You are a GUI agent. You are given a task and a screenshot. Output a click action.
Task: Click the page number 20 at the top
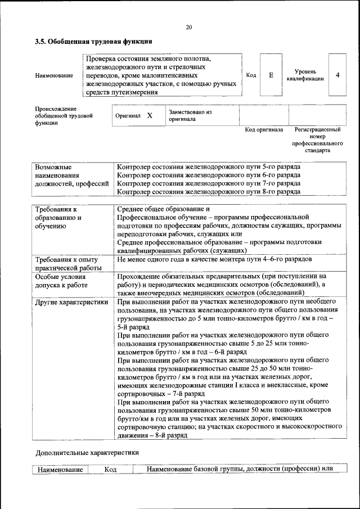pos(188,28)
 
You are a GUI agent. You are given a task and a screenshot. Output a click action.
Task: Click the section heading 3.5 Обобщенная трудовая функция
pos(93,42)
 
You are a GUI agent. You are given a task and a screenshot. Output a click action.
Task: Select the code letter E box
pos(271,75)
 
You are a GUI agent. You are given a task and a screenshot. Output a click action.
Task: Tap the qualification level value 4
pos(337,75)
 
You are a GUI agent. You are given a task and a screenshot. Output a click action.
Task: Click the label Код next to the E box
pos(251,75)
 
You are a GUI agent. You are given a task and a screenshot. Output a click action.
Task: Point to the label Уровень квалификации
pos(304,75)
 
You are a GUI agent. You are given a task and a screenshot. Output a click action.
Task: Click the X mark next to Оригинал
pos(150,115)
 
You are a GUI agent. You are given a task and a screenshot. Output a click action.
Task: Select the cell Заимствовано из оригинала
pos(190,115)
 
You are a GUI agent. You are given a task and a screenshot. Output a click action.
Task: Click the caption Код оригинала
pos(264,129)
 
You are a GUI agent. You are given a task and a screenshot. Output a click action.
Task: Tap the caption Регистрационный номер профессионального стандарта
pos(317,139)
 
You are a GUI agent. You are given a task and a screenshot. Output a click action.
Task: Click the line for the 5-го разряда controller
pos(208,168)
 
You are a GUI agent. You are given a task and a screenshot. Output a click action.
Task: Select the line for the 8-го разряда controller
pos(208,191)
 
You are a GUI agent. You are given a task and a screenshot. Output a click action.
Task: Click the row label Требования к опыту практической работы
pos(67,264)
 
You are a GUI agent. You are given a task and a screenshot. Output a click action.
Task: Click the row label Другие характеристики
pos(71,302)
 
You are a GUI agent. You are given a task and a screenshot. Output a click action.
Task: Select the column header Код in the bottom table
pos(110,470)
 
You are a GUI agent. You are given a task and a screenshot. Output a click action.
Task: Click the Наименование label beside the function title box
pos(54,75)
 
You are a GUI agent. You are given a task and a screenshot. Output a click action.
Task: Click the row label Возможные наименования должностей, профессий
pos(71,175)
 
